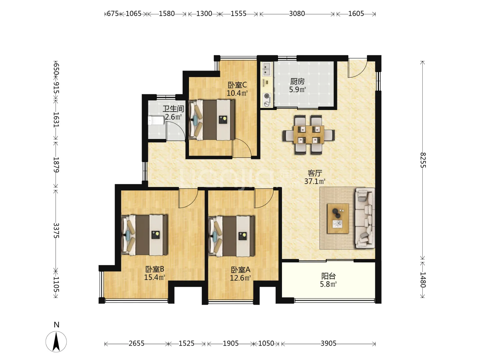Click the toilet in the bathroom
(156, 120)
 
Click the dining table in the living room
(309, 135)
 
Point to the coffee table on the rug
(338, 218)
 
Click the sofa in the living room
(365, 218)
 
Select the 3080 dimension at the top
(297, 14)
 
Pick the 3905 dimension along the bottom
(328, 343)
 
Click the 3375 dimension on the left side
(56, 230)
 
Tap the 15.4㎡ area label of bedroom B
(155, 277)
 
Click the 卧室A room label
(241, 270)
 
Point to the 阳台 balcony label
(328, 276)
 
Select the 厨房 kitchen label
(297, 82)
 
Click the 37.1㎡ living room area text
(315, 181)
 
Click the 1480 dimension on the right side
(423, 280)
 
